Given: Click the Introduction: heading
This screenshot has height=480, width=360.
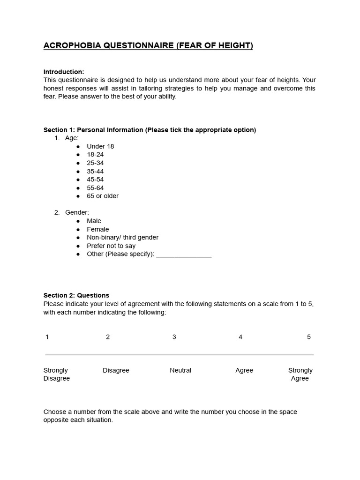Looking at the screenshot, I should tap(64, 72).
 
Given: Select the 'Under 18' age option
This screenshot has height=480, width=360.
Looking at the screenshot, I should tap(100, 146).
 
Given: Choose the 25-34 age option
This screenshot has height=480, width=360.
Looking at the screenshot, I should tap(95, 163).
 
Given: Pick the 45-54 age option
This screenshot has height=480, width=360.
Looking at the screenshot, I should tap(95, 180).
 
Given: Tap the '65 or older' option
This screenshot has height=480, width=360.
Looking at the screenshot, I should tap(103, 196).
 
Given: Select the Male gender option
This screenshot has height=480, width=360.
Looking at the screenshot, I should tap(94, 221).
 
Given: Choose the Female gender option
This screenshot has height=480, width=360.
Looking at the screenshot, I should tap(97, 229).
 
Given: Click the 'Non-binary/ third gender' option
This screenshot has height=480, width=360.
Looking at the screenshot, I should tap(122, 237).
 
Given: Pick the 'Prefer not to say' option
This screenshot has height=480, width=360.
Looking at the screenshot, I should tap(111, 246).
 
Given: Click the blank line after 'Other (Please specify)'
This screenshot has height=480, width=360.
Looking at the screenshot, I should tap(184, 255).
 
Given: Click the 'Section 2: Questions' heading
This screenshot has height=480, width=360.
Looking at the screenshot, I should tap(76, 295).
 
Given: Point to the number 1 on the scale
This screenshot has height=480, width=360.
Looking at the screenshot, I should tap(47, 337).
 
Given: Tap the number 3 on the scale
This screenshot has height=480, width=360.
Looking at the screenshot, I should tap(174, 337).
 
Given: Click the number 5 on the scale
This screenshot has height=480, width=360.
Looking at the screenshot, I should tap(308, 337).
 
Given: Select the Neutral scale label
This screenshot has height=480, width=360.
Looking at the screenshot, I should tap(180, 370).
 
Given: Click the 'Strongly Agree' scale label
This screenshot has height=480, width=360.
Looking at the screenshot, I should tap(300, 374).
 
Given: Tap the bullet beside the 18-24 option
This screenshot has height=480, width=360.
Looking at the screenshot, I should tap(78, 155).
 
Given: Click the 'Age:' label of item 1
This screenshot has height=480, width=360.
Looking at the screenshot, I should tap(72, 138).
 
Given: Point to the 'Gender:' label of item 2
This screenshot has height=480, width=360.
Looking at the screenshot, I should tap(77, 212).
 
